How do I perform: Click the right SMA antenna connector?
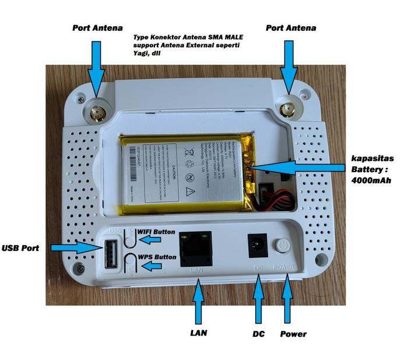tap(287, 109)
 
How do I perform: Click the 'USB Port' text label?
tap(21, 248)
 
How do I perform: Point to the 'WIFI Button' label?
tap(156, 232)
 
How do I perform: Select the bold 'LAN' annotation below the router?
tap(199, 333)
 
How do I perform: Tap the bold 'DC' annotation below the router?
tap(259, 334)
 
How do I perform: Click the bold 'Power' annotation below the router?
tap(293, 334)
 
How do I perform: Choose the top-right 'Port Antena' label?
tap(291, 27)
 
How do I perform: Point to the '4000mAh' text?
tap(371, 180)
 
